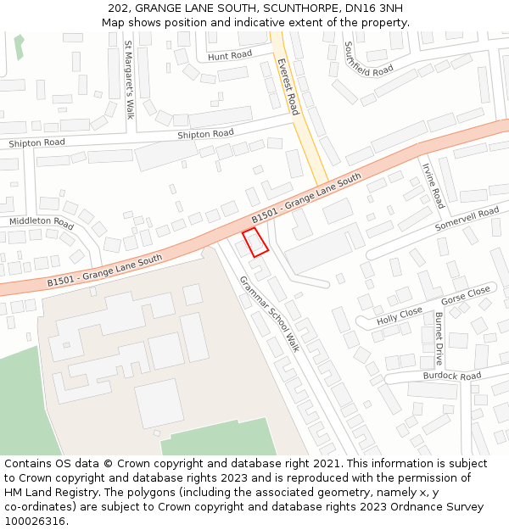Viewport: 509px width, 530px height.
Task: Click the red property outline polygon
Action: click(x=255, y=242)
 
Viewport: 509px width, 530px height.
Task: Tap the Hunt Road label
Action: click(x=230, y=56)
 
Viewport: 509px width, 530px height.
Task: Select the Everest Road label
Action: click(x=288, y=86)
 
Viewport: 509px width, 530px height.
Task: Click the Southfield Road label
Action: click(x=369, y=59)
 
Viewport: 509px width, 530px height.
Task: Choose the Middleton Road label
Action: click(x=42, y=222)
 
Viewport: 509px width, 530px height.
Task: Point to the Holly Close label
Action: click(x=400, y=315)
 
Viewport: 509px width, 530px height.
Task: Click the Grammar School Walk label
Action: click(x=269, y=314)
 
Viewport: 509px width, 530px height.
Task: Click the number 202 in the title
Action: click(x=119, y=8)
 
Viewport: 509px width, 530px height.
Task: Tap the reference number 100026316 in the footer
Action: click(x=37, y=522)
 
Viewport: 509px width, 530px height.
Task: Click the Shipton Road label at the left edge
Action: click(x=36, y=143)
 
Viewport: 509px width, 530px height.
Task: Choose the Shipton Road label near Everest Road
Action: click(x=205, y=134)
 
